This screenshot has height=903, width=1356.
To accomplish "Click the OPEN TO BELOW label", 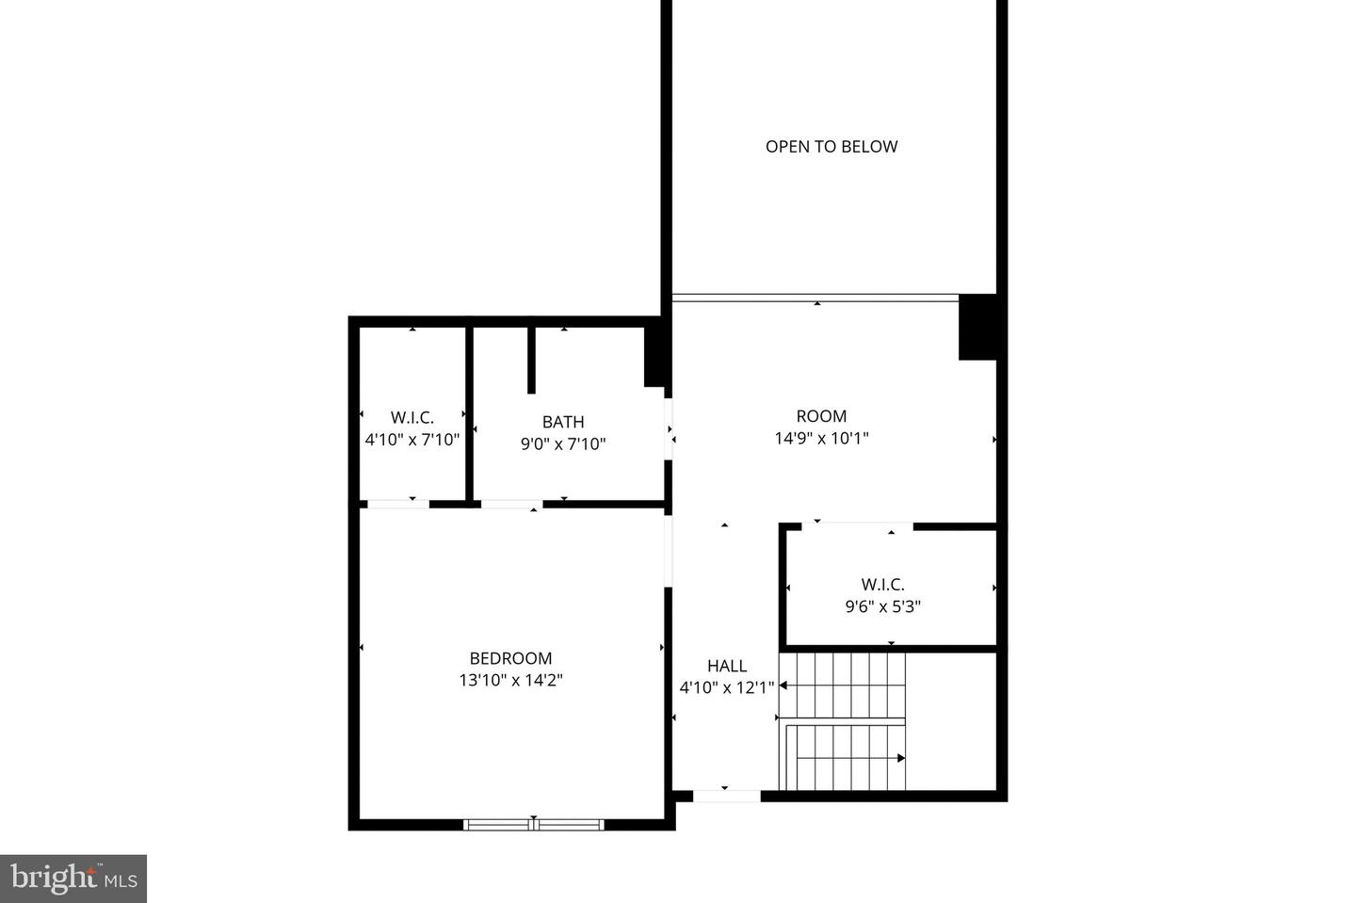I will pyautogui.click(x=831, y=146).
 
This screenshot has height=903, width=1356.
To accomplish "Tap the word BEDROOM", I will pyautogui.click(x=510, y=658).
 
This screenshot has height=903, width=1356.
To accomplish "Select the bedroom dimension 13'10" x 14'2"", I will pyautogui.click(x=510, y=680).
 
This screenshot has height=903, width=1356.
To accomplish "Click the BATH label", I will pyautogui.click(x=562, y=422).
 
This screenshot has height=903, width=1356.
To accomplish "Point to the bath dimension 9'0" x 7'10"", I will pyautogui.click(x=562, y=443).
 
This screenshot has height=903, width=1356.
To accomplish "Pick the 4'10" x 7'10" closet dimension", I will pyautogui.click(x=412, y=439).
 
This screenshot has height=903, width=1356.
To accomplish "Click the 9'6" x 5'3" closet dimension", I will pyautogui.click(x=882, y=606).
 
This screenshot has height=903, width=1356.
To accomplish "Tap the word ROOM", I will pyautogui.click(x=821, y=415).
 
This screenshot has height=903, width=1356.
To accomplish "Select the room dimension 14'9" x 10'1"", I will pyautogui.click(x=821, y=438).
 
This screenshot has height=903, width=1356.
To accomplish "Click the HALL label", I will pyautogui.click(x=726, y=666).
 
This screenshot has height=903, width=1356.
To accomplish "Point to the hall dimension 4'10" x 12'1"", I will pyautogui.click(x=726, y=687).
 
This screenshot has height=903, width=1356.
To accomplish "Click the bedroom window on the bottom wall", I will pyautogui.click(x=534, y=825).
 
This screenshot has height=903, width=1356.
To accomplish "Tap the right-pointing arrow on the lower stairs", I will pyautogui.click(x=900, y=758).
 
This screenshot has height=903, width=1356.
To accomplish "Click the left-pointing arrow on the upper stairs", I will pyautogui.click(x=783, y=685).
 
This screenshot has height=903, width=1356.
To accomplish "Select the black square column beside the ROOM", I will pyautogui.click(x=977, y=327).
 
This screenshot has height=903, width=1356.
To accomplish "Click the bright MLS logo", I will pyautogui.click(x=73, y=879).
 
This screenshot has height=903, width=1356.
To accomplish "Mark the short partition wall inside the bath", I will pyautogui.click(x=531, y=360).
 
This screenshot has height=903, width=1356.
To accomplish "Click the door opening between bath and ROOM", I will pyautogui.click(x=669, y=429).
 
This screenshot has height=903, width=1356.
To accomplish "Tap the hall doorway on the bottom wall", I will pyautogui.click(x=726, y=796).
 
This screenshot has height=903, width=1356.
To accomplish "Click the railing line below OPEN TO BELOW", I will pyautogui.click(x=815, y=298).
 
